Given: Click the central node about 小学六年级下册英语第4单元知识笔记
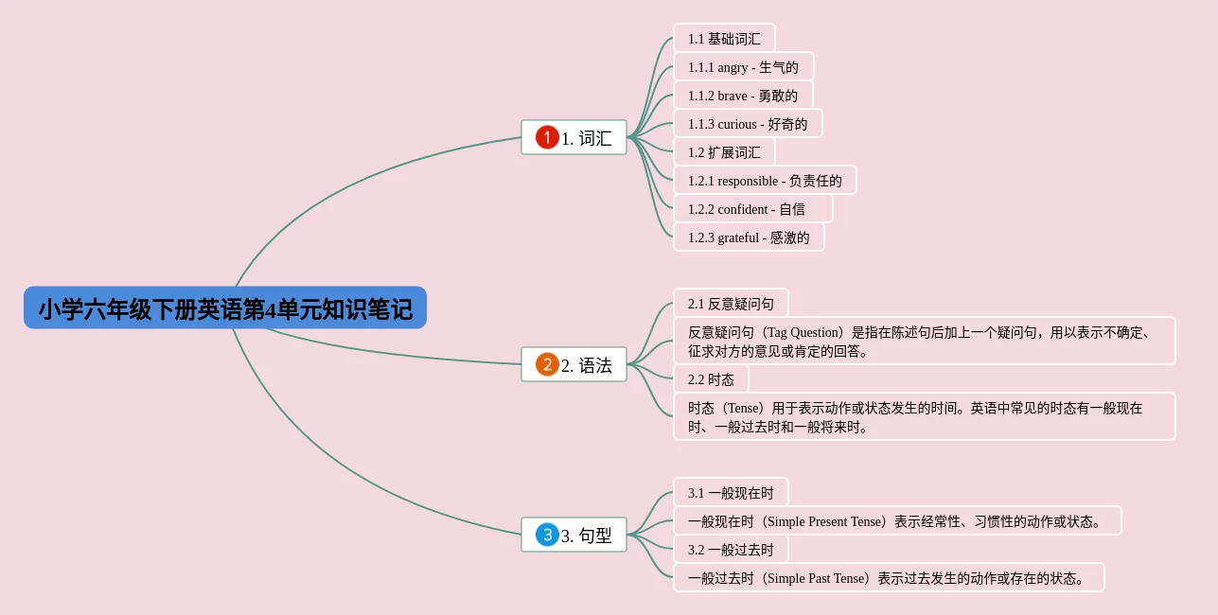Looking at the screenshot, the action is coord(225,308).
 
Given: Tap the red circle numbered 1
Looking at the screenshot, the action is coord(547,138).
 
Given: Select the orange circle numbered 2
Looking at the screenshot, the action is coord(547,365).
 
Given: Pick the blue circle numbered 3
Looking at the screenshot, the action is coord(547,536).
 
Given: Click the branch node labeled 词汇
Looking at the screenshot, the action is coord(587,138).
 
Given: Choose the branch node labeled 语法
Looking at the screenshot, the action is coord(587,365).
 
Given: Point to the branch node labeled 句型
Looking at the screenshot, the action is coord(587,536).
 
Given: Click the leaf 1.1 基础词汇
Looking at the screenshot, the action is coord(724,39).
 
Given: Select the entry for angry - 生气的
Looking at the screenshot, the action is coord(743,67).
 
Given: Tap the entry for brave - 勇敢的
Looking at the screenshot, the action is coord(743,96).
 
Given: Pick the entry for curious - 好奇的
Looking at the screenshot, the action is coord(748,124).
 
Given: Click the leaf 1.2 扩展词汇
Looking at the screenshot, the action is coord(724,152).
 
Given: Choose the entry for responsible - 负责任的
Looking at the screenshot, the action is coord(765,181).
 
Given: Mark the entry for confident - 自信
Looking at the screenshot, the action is coord(752,209).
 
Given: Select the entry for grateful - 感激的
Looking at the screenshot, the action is coord(749,237).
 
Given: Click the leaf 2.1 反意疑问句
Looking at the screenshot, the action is coord(731,304).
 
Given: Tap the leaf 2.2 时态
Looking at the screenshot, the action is coord(711,379).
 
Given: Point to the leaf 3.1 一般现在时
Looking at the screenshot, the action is coord(731,493).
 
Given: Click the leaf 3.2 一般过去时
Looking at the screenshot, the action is coord(731,550).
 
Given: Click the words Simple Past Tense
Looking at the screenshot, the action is coord(816,578).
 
